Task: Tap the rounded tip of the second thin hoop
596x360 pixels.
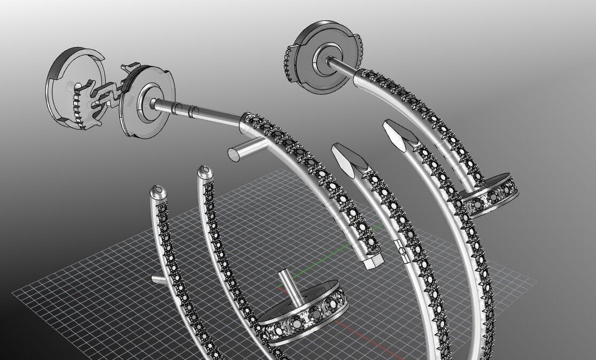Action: tap(204, 172)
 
